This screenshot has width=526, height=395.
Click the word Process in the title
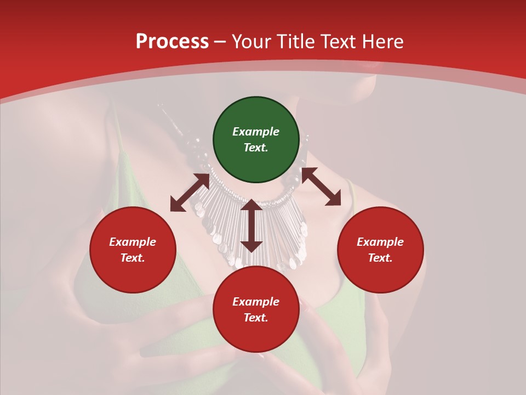pos(172,42)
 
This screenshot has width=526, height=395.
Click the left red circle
pos(133,250)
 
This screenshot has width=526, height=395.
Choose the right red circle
pos(380,250)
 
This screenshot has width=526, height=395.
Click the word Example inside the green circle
pos(256,132)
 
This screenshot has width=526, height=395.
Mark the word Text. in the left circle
pos(133,258)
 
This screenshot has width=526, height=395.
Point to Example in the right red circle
pos(380,242)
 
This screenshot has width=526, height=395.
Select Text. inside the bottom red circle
pos(256,318)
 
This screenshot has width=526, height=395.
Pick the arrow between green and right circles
pos(321,187)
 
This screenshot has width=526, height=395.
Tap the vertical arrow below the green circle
pos(251,225)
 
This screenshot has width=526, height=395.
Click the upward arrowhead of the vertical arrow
pos(251,205)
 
